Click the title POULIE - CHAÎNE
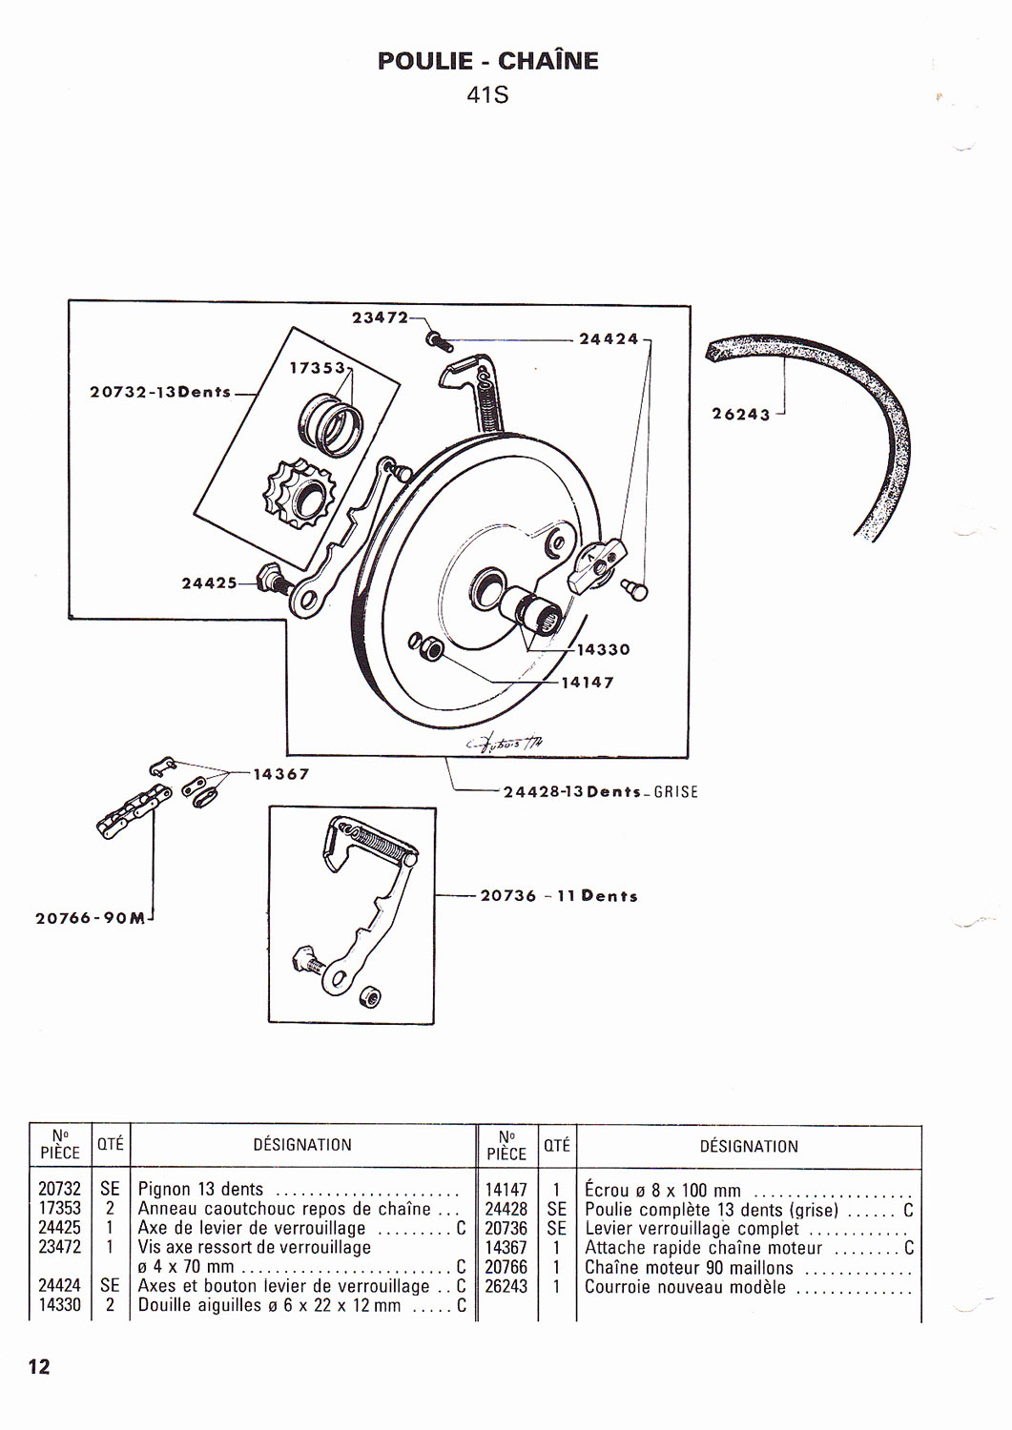point(487,61)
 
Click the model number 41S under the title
point(487,95)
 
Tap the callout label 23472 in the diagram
point(380,317)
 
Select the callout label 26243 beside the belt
point(740,414)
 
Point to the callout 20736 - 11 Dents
point(559,896)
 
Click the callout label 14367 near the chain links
point(281,774)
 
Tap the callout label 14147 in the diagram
point(588,683)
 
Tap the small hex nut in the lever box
point(370,997)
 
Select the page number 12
point(39,1367)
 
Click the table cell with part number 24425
point(59,1228)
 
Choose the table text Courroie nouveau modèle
point(686,1287)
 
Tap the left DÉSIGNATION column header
point(302,1145)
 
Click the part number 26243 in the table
point(506,1287)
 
